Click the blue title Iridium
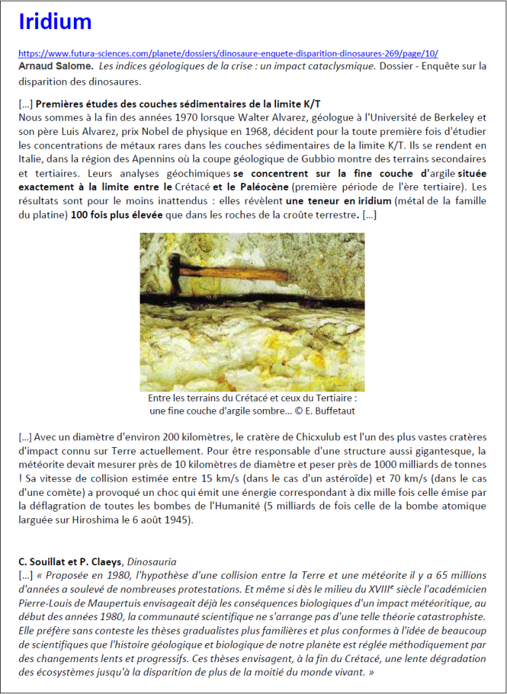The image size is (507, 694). click(x=55, y=22)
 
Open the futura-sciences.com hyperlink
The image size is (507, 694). click(x=228, y=53)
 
